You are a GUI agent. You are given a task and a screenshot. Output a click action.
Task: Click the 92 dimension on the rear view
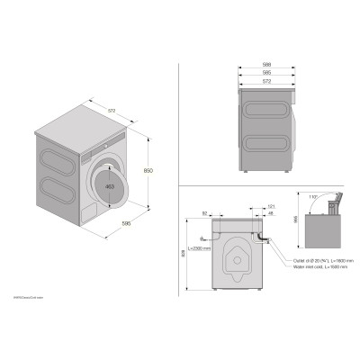206,213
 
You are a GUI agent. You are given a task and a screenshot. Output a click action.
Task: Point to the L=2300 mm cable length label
201,248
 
